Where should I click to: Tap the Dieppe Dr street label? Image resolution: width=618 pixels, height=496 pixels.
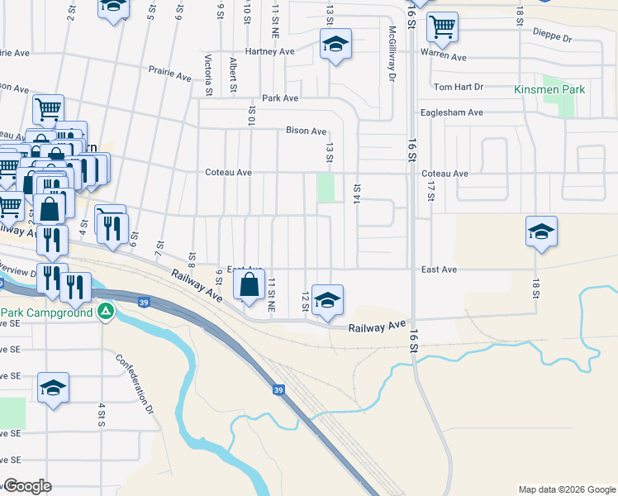(555, 38)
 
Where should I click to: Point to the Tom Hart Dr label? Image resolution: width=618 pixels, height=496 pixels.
(458, 87)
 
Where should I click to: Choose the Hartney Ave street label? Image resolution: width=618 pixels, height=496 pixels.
(275, 51)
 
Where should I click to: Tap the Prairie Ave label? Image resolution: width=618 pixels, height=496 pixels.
(169, 75)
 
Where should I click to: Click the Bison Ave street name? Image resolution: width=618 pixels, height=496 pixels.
(306, 131)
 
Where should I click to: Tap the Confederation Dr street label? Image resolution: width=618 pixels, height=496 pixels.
(135, 384)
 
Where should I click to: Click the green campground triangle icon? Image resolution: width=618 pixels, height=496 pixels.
(105, 312)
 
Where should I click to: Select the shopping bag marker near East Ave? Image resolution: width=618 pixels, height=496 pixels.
(250, 286)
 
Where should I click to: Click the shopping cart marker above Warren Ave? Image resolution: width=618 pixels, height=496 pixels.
(443, 27)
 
